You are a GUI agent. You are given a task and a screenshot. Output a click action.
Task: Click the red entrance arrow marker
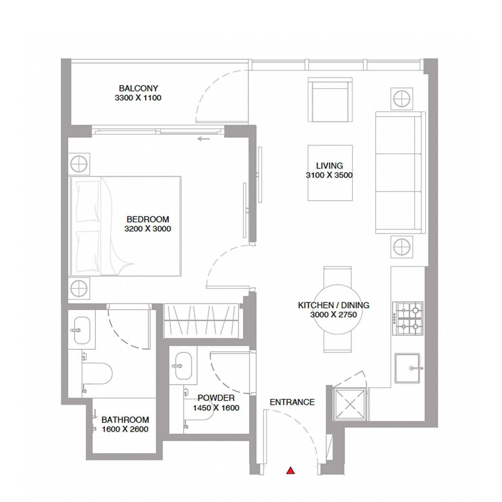[x=290, y=471]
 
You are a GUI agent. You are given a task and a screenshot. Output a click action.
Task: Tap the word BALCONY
[x=138, y=89]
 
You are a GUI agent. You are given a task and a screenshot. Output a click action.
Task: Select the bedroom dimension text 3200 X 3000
[x=147, y=229]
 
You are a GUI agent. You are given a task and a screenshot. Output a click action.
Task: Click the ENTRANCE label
[x=292, y=402]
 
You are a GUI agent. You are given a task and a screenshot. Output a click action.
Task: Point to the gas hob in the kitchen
[x=408, y=318]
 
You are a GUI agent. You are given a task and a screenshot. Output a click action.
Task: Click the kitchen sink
[x=407, y=368]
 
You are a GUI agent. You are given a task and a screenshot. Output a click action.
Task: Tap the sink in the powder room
[x=183, y=366]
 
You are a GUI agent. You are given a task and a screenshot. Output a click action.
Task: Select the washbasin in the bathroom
[x=82, y=330]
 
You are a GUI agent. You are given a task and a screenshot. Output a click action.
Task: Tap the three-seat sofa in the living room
[x=399, y=173]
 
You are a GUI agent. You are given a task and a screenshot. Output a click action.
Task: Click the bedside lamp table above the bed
[x=79, y=164]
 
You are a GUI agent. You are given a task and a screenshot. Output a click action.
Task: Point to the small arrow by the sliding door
[x=203, y=139]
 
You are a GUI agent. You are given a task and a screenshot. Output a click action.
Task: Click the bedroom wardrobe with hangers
[x=201, y=320]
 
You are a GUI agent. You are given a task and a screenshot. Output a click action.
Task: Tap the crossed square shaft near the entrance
[x=350, y=404]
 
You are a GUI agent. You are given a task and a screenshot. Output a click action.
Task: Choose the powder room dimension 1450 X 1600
[x=216, y=408]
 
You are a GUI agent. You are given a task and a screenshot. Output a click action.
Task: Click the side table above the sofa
[x=402, y=99]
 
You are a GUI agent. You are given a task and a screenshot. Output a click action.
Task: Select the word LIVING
[x=329, y=166]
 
